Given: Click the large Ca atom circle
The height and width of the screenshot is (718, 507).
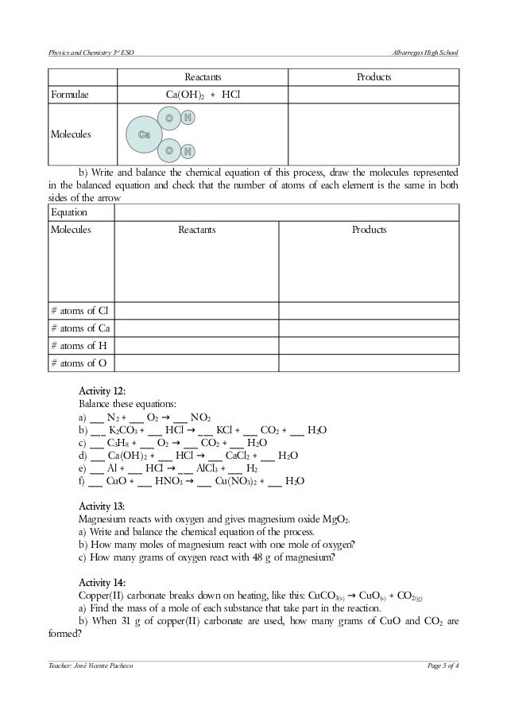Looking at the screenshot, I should coord(145,134).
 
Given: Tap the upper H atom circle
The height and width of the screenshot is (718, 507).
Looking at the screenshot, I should coord(187,118).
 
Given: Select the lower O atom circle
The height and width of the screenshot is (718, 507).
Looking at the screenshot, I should coord(169,150).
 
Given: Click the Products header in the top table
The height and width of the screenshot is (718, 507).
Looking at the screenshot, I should coord(373,78).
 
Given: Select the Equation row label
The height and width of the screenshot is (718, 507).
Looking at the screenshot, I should coord(69,213).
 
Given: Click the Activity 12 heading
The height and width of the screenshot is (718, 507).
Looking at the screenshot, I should coord(103,390).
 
